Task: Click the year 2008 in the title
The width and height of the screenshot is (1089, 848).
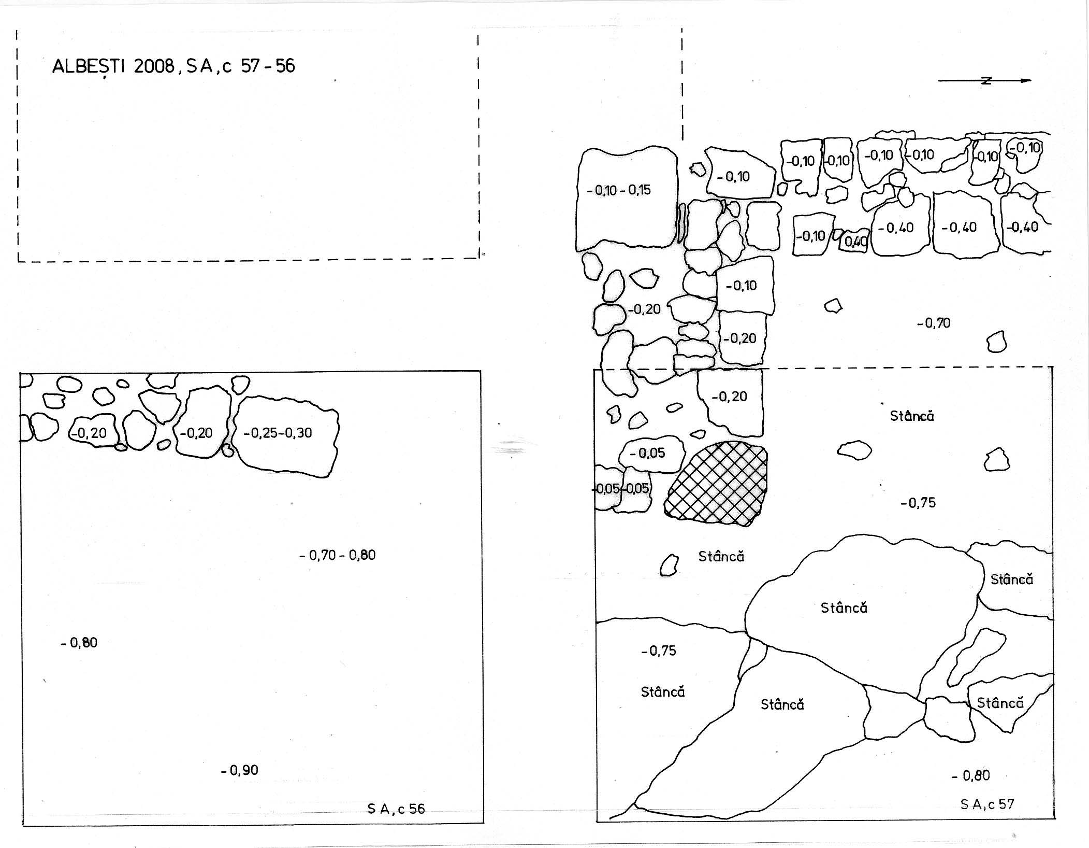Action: [x=154, y=67]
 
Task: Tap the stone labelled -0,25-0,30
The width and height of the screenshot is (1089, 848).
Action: [x=286, y=436]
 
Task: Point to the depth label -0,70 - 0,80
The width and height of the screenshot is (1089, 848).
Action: [x=338, y=555]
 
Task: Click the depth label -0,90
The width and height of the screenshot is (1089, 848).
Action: [x=239, y=770]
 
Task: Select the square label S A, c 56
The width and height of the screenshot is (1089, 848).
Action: [x=396, y=809]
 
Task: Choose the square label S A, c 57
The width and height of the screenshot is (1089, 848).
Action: [x=987, y=804]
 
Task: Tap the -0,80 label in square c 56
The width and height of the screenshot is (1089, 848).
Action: [x=79, y=643]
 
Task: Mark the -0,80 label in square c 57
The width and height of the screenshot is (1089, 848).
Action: [x=971, y=775]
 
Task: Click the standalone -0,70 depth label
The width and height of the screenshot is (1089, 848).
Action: [x=934, y=323]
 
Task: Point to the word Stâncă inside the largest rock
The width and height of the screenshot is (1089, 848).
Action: [x=844, y=607]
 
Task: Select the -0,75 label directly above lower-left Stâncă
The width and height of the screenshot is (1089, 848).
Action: [x=659, y=651]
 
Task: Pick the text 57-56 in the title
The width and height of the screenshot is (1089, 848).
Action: [x=268, y=66]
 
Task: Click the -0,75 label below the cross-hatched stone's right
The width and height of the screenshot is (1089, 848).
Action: [x=918, y=503]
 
